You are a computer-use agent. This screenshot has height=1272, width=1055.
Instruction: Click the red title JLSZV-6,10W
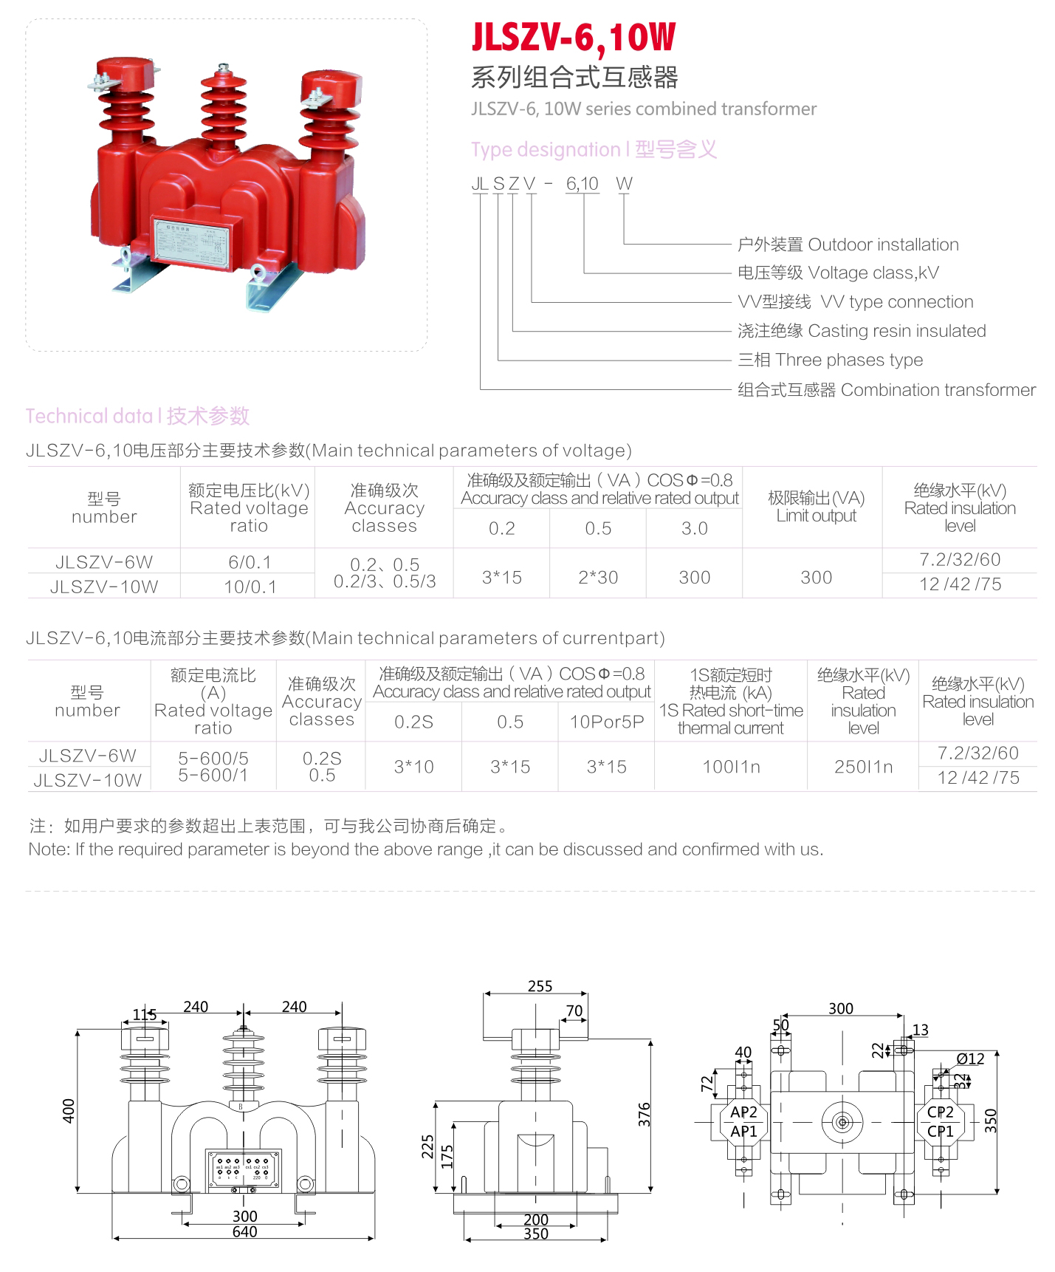point(574,38)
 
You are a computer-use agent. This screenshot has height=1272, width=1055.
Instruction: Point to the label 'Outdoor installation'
point(883,245)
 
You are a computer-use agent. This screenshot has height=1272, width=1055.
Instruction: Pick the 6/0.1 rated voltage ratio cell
point(250,562)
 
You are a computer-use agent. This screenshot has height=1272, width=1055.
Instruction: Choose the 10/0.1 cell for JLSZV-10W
point(250,587)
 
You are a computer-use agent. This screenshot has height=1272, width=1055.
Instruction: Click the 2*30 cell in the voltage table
point(598,577)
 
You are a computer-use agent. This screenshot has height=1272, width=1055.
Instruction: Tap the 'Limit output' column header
point(816,507)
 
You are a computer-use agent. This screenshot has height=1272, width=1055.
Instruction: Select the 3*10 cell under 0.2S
point(413,767)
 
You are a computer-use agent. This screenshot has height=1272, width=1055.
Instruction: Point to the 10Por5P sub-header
point(606,722)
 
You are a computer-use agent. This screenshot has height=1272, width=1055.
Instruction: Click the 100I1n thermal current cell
point(731,767)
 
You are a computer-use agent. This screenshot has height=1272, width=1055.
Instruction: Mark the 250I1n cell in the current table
point(863,767)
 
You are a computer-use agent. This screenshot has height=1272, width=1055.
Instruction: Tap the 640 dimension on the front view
point(244,1231)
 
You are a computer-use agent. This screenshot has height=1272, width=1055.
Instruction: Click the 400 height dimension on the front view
point(69,1111)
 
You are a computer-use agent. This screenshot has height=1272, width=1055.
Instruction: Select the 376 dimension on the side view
point(645,1115)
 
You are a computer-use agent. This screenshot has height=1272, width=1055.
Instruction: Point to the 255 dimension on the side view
point(540,986)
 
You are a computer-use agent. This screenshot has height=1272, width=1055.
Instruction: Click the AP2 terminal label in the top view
point(743,1112)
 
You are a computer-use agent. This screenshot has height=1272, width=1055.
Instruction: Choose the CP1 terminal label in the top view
point(940,1131)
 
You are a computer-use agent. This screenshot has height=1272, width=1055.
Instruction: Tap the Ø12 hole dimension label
point(970,1059)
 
